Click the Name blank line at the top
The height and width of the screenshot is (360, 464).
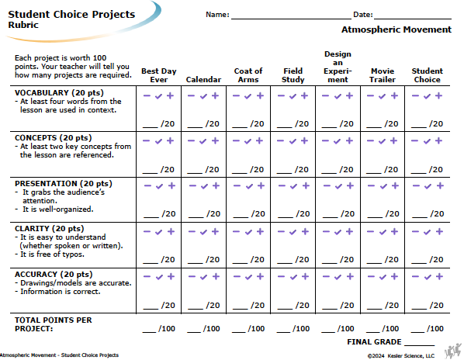[x=291, y=19]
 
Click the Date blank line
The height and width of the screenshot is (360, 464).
[x=413, y=19]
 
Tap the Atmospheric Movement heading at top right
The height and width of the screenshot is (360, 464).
[x=396, y=29]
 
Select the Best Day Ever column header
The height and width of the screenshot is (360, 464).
[x=159, y=75]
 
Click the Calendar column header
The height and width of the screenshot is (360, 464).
[x=203, y=80]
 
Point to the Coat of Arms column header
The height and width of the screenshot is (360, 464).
[x=248, y=75]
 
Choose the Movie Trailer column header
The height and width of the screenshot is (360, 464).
[x=383, y=75]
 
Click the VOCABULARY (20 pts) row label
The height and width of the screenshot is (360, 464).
[x=59, y=92]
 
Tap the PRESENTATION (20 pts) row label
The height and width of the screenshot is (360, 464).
[x=64, y=183]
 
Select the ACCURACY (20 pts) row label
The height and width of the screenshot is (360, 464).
[x=54, y=274]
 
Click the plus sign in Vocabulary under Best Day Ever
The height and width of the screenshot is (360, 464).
[x=170, y=95]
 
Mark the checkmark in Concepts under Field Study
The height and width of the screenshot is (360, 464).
[x=293, y=141]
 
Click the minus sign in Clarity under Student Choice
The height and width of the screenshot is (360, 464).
[x=415, y=232]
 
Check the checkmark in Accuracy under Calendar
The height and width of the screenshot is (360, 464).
[x=203, y=277]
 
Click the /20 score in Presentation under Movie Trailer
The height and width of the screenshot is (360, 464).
[x=392, y=213]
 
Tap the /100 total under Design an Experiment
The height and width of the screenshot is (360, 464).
[x=345, y=328]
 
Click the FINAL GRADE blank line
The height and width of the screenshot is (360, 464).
[x=419, y=345]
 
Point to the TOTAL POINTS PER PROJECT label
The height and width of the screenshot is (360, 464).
[x=54, y=324]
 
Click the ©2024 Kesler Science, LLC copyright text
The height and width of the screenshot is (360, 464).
[x=401, y=355]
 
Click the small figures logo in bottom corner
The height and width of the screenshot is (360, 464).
[x=453, y=351]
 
